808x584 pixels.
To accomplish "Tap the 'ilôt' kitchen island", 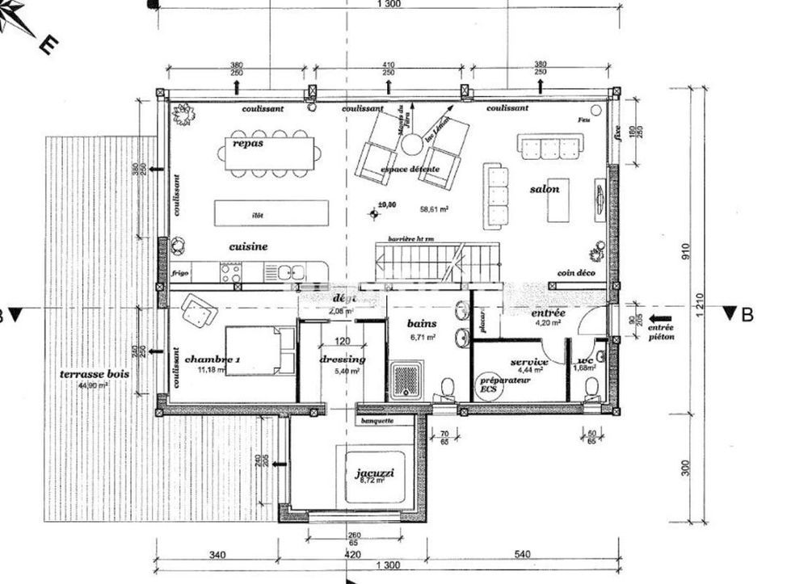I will pos(271,214).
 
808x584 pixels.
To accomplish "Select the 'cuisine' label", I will pos(248,246).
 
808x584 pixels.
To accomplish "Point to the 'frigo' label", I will pos(179,274).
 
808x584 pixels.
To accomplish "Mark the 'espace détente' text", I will pos(410,170).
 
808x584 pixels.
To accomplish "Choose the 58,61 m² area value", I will pos(434,208).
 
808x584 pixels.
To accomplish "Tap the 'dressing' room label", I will pos(343,359).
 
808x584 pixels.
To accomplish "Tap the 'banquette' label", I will pos(377,420).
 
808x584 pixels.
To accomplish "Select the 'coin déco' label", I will pos(574,275).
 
